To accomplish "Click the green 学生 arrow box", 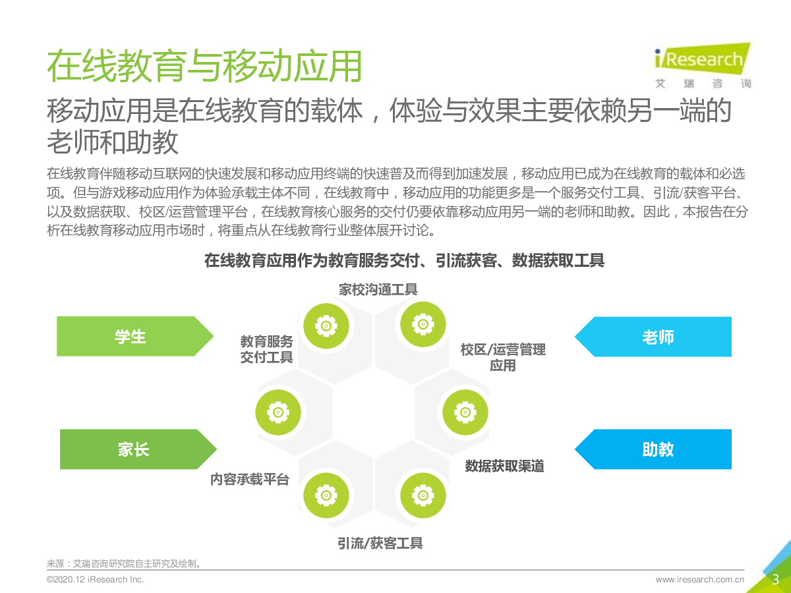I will click(132, 337).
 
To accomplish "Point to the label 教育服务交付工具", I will click(266, 349).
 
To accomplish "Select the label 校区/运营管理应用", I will click(503, 357).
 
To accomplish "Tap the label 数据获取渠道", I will click(504, 466).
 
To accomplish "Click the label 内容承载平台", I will click(250, 480).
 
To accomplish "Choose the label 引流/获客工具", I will click(380, 544).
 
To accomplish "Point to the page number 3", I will click(776, 580).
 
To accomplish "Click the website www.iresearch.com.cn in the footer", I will click(700, 580).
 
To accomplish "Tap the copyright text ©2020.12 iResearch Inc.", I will click(95, 580).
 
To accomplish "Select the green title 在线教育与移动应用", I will click(204, 65).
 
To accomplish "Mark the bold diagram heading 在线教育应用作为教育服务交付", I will click(404, 261).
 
